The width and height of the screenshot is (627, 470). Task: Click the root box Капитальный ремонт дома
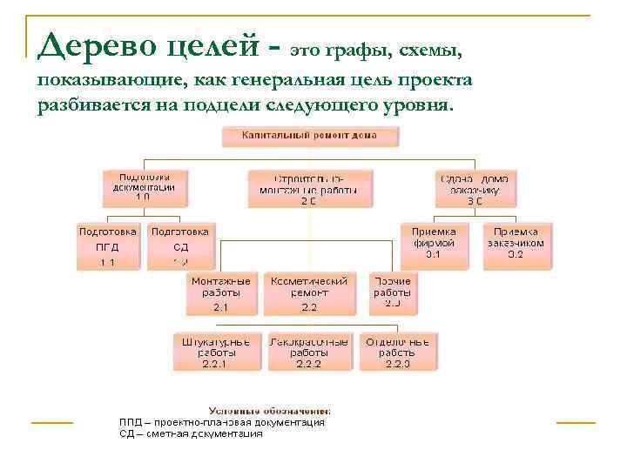[x=309, y=137]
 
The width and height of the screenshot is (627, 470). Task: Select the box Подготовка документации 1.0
[x=143, y=187]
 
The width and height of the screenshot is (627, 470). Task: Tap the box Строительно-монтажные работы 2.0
[x=309, y=189]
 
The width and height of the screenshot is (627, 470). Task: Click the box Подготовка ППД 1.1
[x=108, y=246]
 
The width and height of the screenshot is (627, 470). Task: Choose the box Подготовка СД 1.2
[x=180, y=246]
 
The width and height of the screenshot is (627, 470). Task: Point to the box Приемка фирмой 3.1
[x=433, y=243]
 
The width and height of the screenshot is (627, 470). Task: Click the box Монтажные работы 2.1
[x=221, y=294]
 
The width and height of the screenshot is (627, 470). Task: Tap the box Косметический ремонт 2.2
[x=309, y=294]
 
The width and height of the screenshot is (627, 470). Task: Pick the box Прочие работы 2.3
[x=394, y=292]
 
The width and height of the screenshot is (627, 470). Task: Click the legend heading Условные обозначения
[x=269, y=410]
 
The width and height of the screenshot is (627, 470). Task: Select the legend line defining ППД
[x=222, y=422]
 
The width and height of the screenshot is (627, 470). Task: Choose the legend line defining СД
[x=191, y=433]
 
